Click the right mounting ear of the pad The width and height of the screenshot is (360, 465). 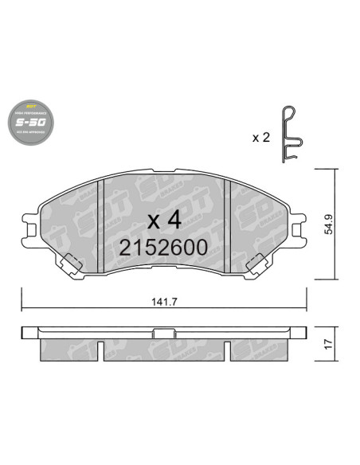pyautogui.click(x=299, y=230)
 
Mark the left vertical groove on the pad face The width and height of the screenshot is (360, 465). pyautogui.click(x=101, y=227)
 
